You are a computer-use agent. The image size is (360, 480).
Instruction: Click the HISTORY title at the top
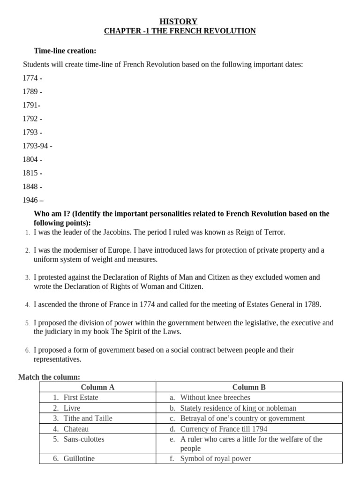pos(179,22)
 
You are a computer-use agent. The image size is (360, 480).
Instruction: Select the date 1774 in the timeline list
pos(30,78)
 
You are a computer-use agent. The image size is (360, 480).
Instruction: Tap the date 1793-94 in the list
pos(35,146)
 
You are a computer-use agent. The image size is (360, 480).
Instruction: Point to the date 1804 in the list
pos(30,159)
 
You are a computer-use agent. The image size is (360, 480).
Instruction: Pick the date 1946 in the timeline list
pos(30,200)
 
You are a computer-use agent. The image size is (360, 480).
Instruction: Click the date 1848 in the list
pos(30,187)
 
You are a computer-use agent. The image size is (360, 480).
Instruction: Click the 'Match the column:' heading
pos(49,377)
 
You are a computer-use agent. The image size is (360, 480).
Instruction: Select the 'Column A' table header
pos(97,387)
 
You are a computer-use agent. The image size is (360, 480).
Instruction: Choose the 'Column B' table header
pos(249,387)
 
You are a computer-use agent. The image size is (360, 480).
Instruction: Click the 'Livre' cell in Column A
pos(72,408)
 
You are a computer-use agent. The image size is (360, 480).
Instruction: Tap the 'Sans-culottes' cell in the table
pos(84,439)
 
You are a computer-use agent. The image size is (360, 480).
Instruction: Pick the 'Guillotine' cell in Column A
pos(79,458)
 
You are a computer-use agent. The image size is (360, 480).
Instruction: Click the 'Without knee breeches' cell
pos(215,397)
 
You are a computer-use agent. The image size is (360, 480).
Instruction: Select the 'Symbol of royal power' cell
pos(215,458)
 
